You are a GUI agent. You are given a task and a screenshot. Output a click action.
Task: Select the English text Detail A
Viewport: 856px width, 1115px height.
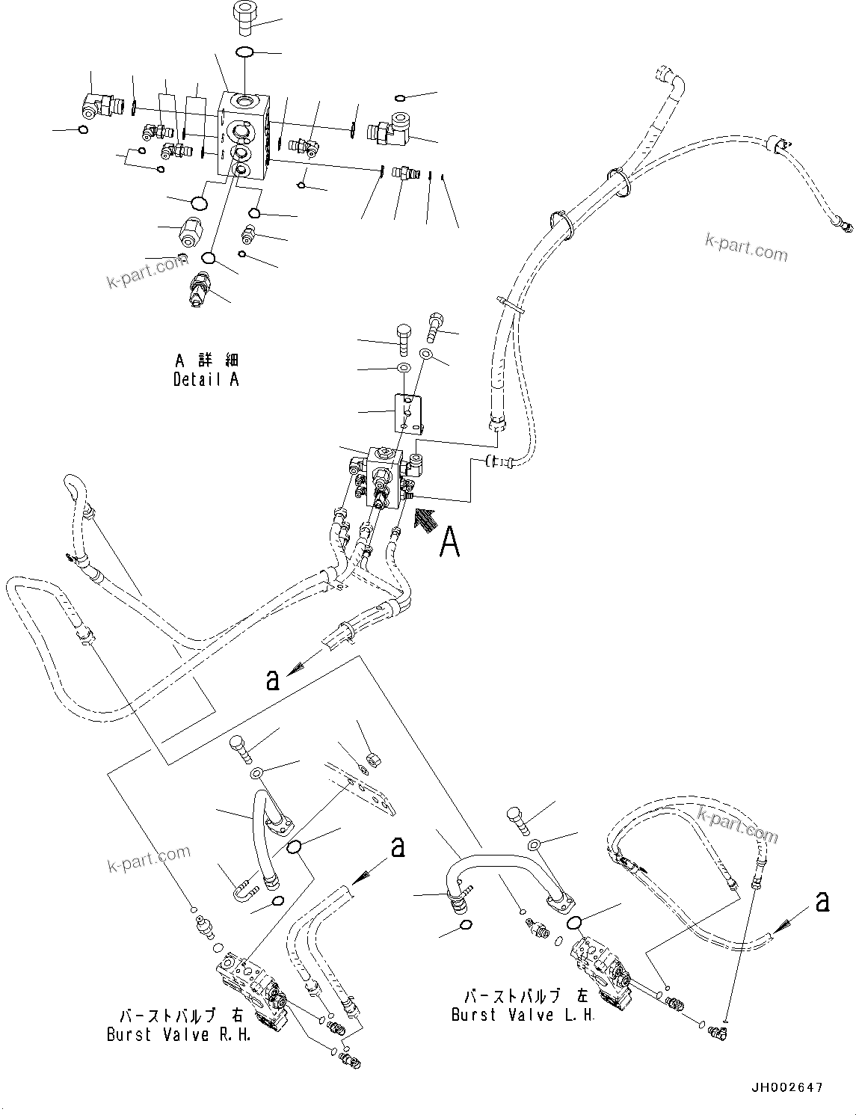(x=206, y=380)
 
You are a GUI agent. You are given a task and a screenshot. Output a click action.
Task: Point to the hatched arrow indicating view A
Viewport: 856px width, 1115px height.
(x=422, y=519)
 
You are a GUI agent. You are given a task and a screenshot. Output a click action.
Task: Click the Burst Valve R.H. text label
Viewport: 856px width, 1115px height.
(x=179, y=1035)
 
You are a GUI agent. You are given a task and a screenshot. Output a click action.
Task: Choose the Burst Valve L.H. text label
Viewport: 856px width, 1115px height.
(x=523, y=1016)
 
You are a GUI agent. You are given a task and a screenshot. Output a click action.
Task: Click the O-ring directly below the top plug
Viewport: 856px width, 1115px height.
(x=244, y=52)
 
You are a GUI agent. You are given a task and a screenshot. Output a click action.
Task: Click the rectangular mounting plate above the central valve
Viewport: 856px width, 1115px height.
(x=410, y=413)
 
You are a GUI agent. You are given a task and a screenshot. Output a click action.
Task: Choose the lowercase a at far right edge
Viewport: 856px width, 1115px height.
(x=822, y=902)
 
